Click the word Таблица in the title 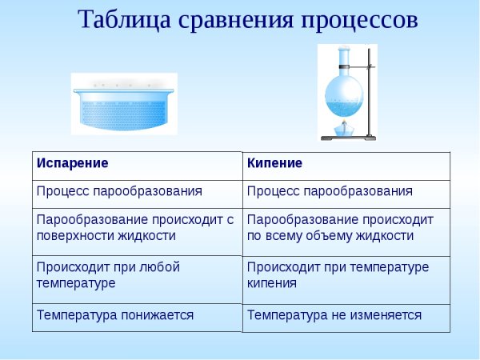point(124,20)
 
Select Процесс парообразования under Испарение point(119,191)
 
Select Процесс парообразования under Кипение point(330,191)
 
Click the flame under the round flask point(344,123)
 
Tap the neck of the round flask point(344,60)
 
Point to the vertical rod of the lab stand point(369,92)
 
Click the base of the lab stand point(348,138)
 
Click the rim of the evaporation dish point(124,90)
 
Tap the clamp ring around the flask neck point(344,67)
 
